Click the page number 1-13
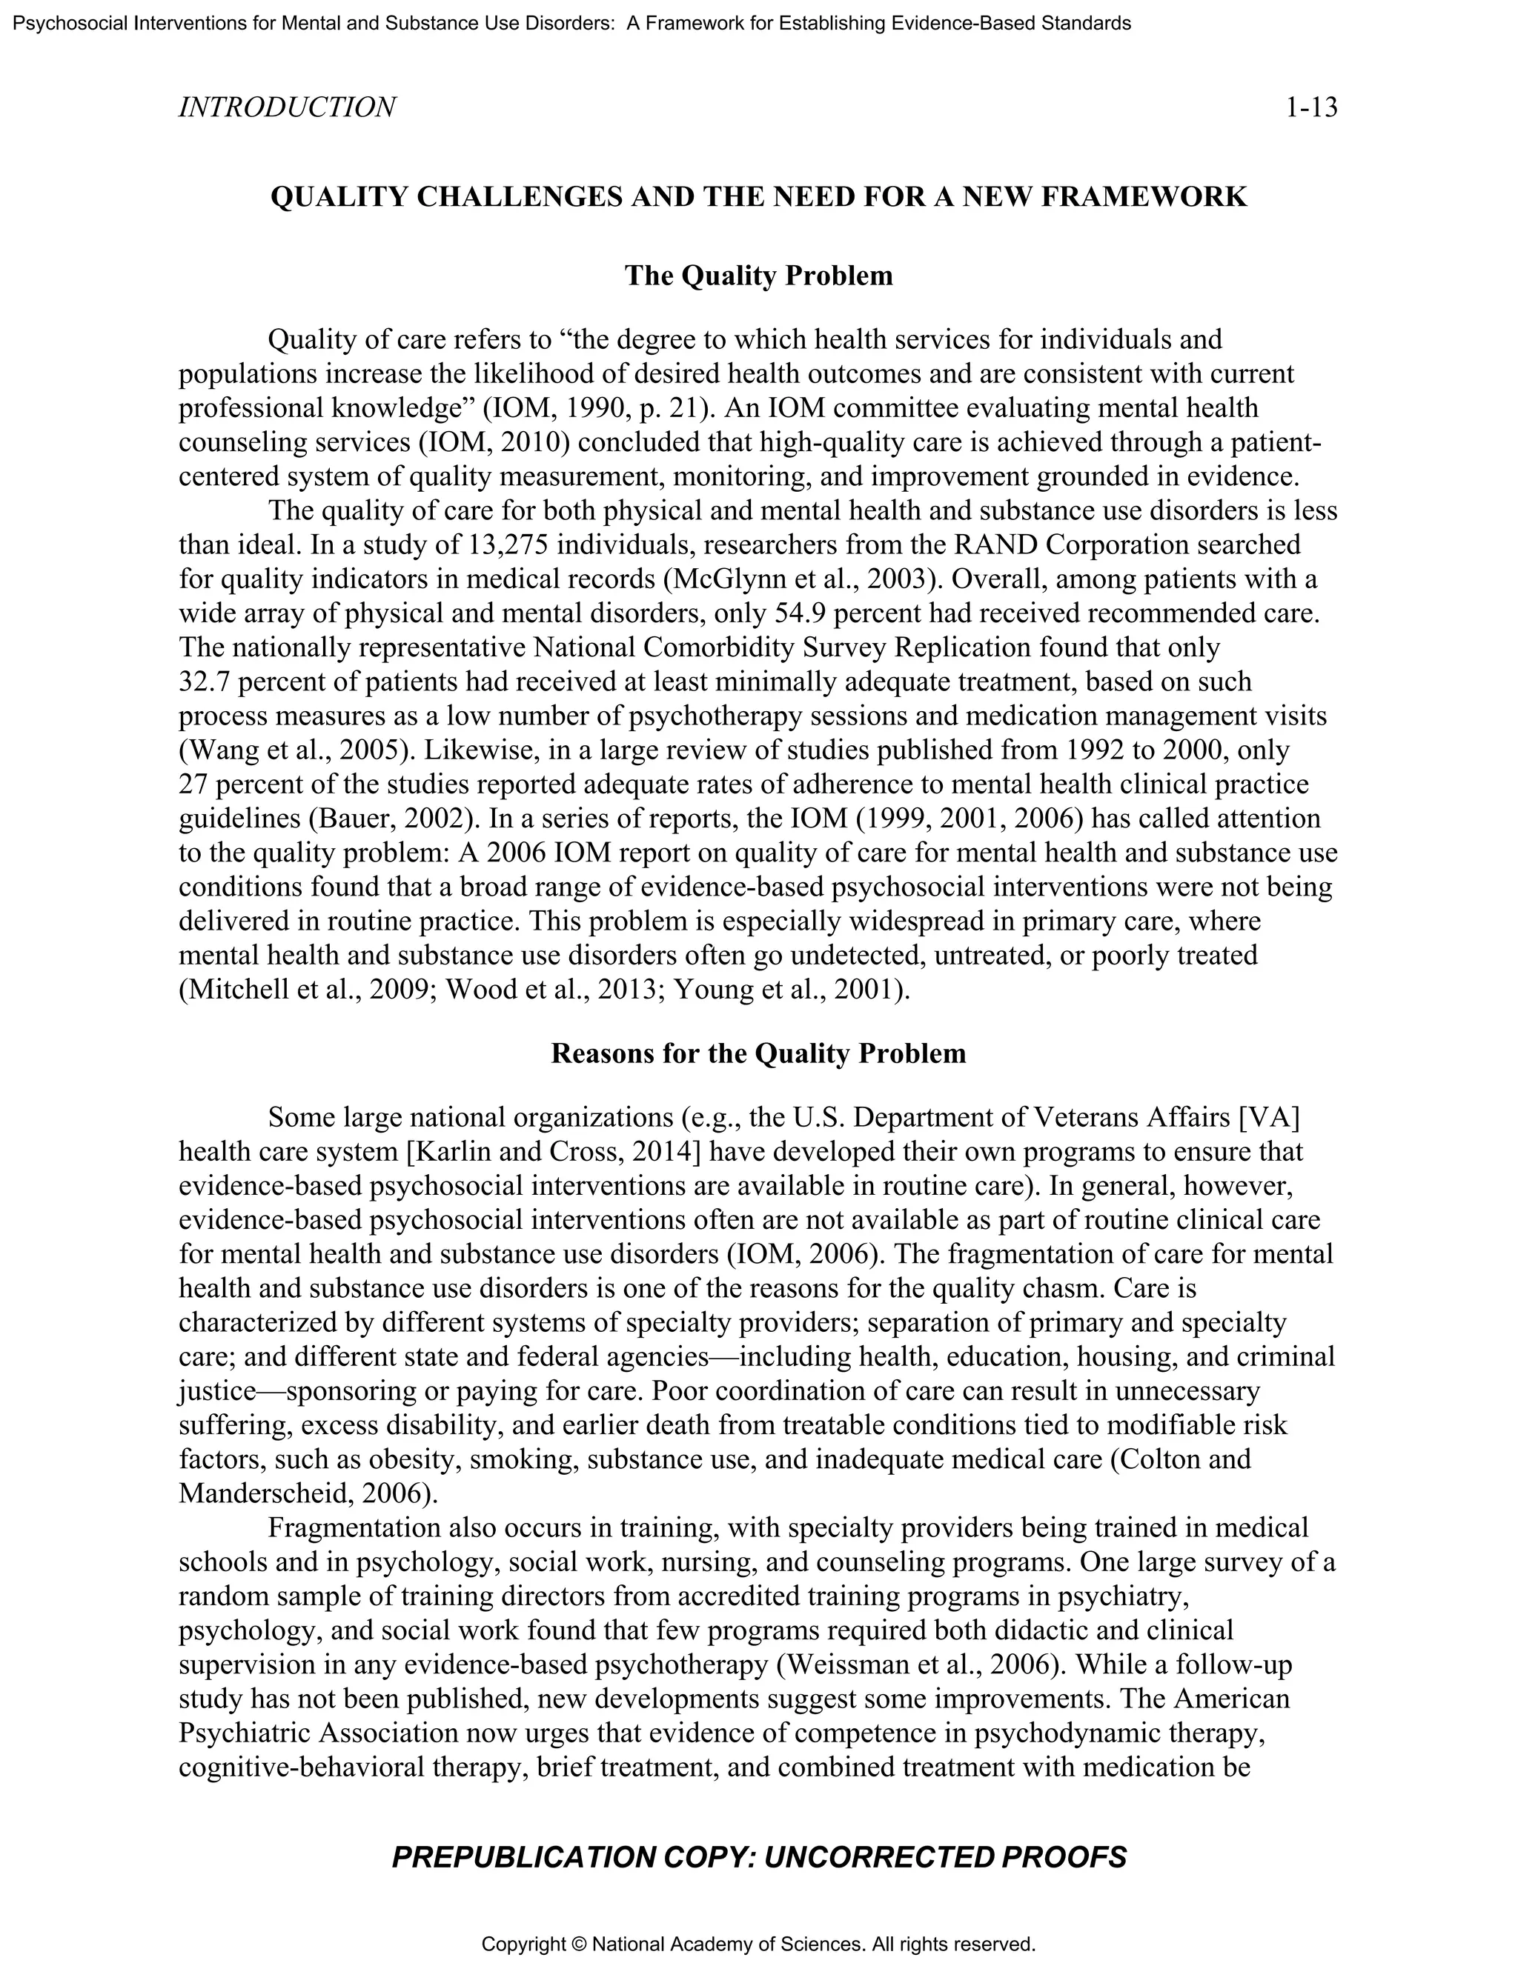[1311, 108]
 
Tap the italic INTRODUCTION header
[287, 108]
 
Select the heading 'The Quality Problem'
[759, 276]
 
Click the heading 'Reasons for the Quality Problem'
[758, 1053]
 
